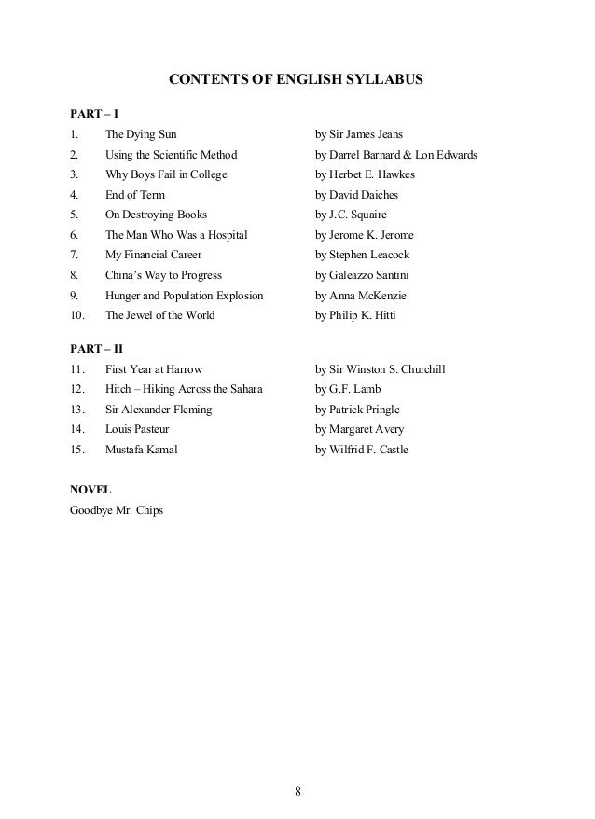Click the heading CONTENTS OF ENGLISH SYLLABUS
point(296,81)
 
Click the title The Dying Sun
point(141,134)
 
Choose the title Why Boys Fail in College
point(166,174)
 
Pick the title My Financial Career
point(153,255)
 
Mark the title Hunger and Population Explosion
point(185,296)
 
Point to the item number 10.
point(76,315)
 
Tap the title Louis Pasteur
point(137,429)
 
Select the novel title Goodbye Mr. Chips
point(117,510)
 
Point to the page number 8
point(297,793)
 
